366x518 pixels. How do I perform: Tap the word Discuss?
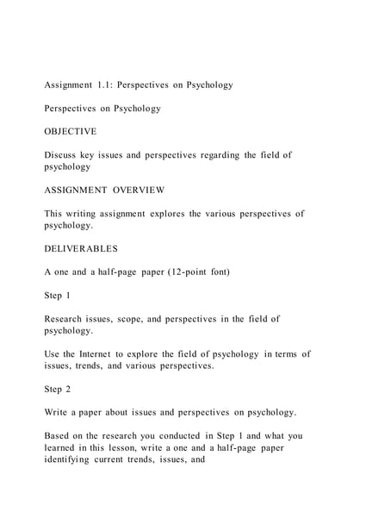coord(62,155)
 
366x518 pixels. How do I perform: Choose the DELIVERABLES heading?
coord(82,248)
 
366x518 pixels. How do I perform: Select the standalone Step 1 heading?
coord(58,295)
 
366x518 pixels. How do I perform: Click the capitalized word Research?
coord(68,318)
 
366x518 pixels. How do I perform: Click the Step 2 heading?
coord(58,388)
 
